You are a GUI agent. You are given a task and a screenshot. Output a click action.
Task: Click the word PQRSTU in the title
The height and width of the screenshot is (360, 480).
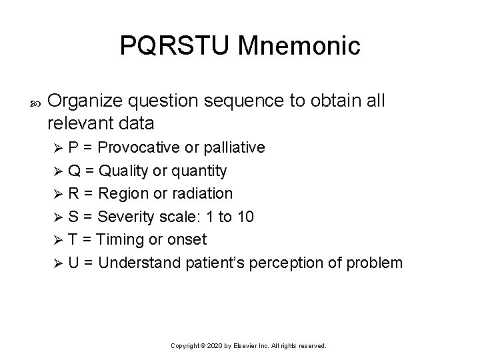click(175, 46)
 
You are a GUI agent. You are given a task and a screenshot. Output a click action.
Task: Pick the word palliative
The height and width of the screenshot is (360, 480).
click(233, 147)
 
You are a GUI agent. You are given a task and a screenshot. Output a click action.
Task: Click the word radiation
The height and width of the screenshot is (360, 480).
click(203, 193)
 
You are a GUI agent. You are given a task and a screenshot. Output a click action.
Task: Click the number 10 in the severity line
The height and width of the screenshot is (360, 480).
click(245, 216)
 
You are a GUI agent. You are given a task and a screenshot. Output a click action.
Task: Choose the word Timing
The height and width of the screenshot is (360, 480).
click(121, 239)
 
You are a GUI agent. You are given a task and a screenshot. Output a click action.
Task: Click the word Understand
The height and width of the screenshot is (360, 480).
click(139, 262)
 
